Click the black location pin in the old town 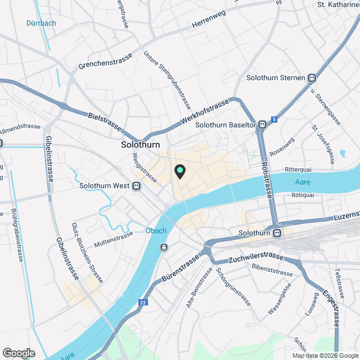tap(179, 171)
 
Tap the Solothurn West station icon tap(137, 186)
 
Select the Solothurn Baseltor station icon tap(262, 125)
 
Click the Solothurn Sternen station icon tap(312, 78)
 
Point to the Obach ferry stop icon tap(163, 247)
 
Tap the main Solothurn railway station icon tap(276, 233)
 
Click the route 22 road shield tap(143, 303)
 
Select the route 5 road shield tap(274, 119)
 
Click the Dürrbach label tap(40, 23)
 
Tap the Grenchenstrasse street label tap(106, 62)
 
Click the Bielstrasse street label tap(106, 124)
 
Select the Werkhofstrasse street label tap(205, 113)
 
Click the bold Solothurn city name tap(141, 145)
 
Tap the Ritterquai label tap(298, 169)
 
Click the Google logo tap(18, 353)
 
